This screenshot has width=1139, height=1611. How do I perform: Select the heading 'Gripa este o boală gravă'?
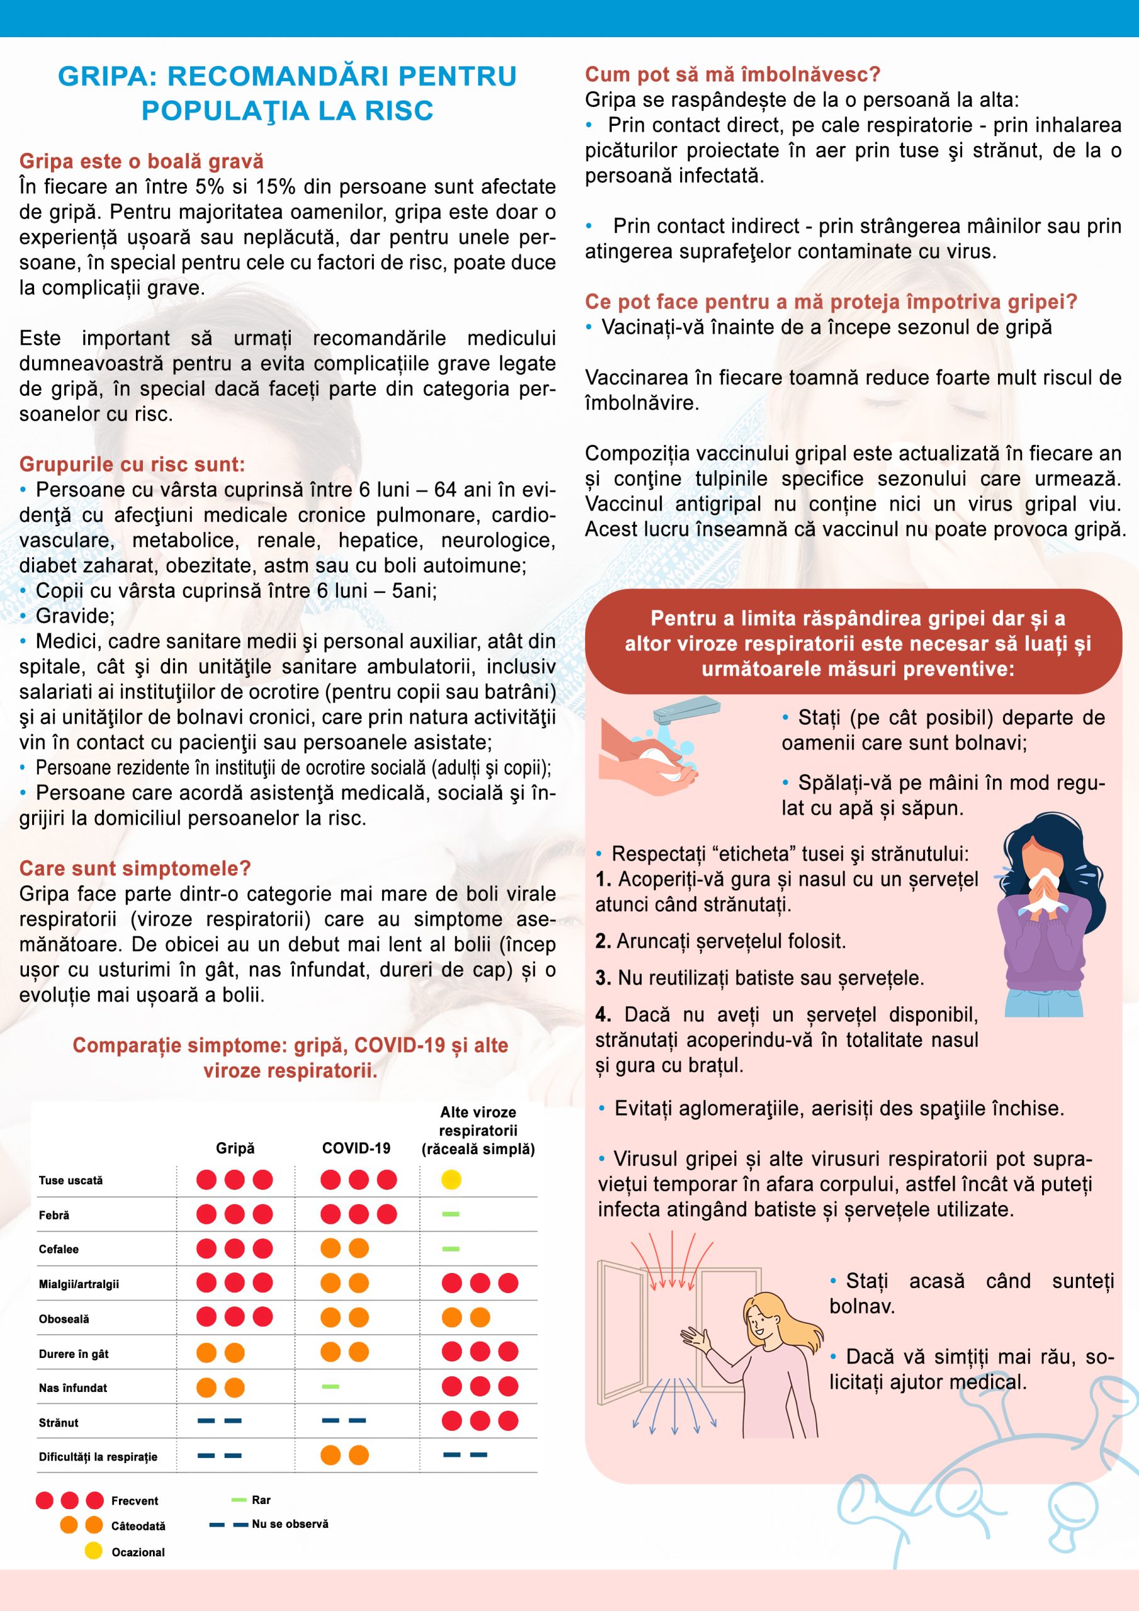[x=141, y=161]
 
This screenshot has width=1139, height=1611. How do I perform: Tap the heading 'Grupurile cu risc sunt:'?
[x=132, y=464]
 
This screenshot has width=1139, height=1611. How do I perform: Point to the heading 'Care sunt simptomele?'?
[x=135, y=868]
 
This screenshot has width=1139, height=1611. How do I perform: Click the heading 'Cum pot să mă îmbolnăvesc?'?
[x=732, y=74]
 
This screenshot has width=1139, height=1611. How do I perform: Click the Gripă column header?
[x=235, y=1148]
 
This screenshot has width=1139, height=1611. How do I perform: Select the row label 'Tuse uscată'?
[x=71, y=1180]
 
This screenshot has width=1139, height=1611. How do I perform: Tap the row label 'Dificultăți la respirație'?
[x=98, y=1457]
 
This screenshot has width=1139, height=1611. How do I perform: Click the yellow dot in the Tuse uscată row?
[x=451, y=1179]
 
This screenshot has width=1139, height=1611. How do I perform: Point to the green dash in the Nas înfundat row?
[x=330, y=1386]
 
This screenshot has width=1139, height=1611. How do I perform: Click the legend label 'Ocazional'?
[x=138, y=1552]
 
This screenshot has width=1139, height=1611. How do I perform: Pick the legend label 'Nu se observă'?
[x=290, y=1524]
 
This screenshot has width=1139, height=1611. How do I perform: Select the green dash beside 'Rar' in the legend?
[x=238, y=1500]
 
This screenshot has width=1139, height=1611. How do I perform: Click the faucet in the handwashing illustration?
[x=684, y=710]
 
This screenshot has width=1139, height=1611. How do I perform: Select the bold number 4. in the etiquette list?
[x=603, y=1014]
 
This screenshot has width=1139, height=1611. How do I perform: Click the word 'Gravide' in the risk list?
[x=74, y=616]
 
